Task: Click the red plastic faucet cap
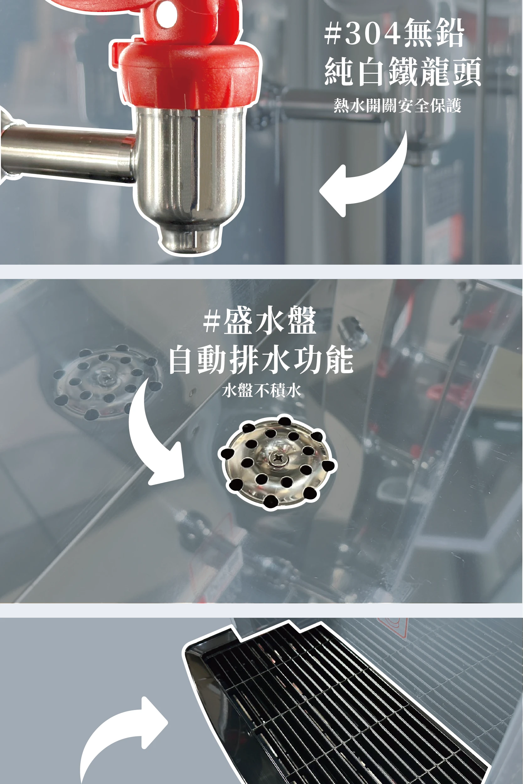click(189, 73)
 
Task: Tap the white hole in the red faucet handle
click(165, 15)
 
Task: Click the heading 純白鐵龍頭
click(403, 71)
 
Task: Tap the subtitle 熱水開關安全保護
click(397, 106)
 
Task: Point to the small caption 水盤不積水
click(261, 390)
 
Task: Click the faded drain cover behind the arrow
click(107, 382)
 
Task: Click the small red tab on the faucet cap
click(115, 53)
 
